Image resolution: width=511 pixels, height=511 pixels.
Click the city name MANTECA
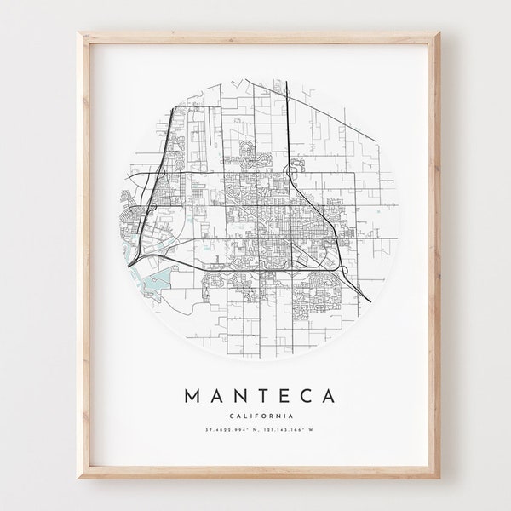point(258,396)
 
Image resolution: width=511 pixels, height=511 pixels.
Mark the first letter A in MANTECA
point(214,396)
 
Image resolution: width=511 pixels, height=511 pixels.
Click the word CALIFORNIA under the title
point(258,416)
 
